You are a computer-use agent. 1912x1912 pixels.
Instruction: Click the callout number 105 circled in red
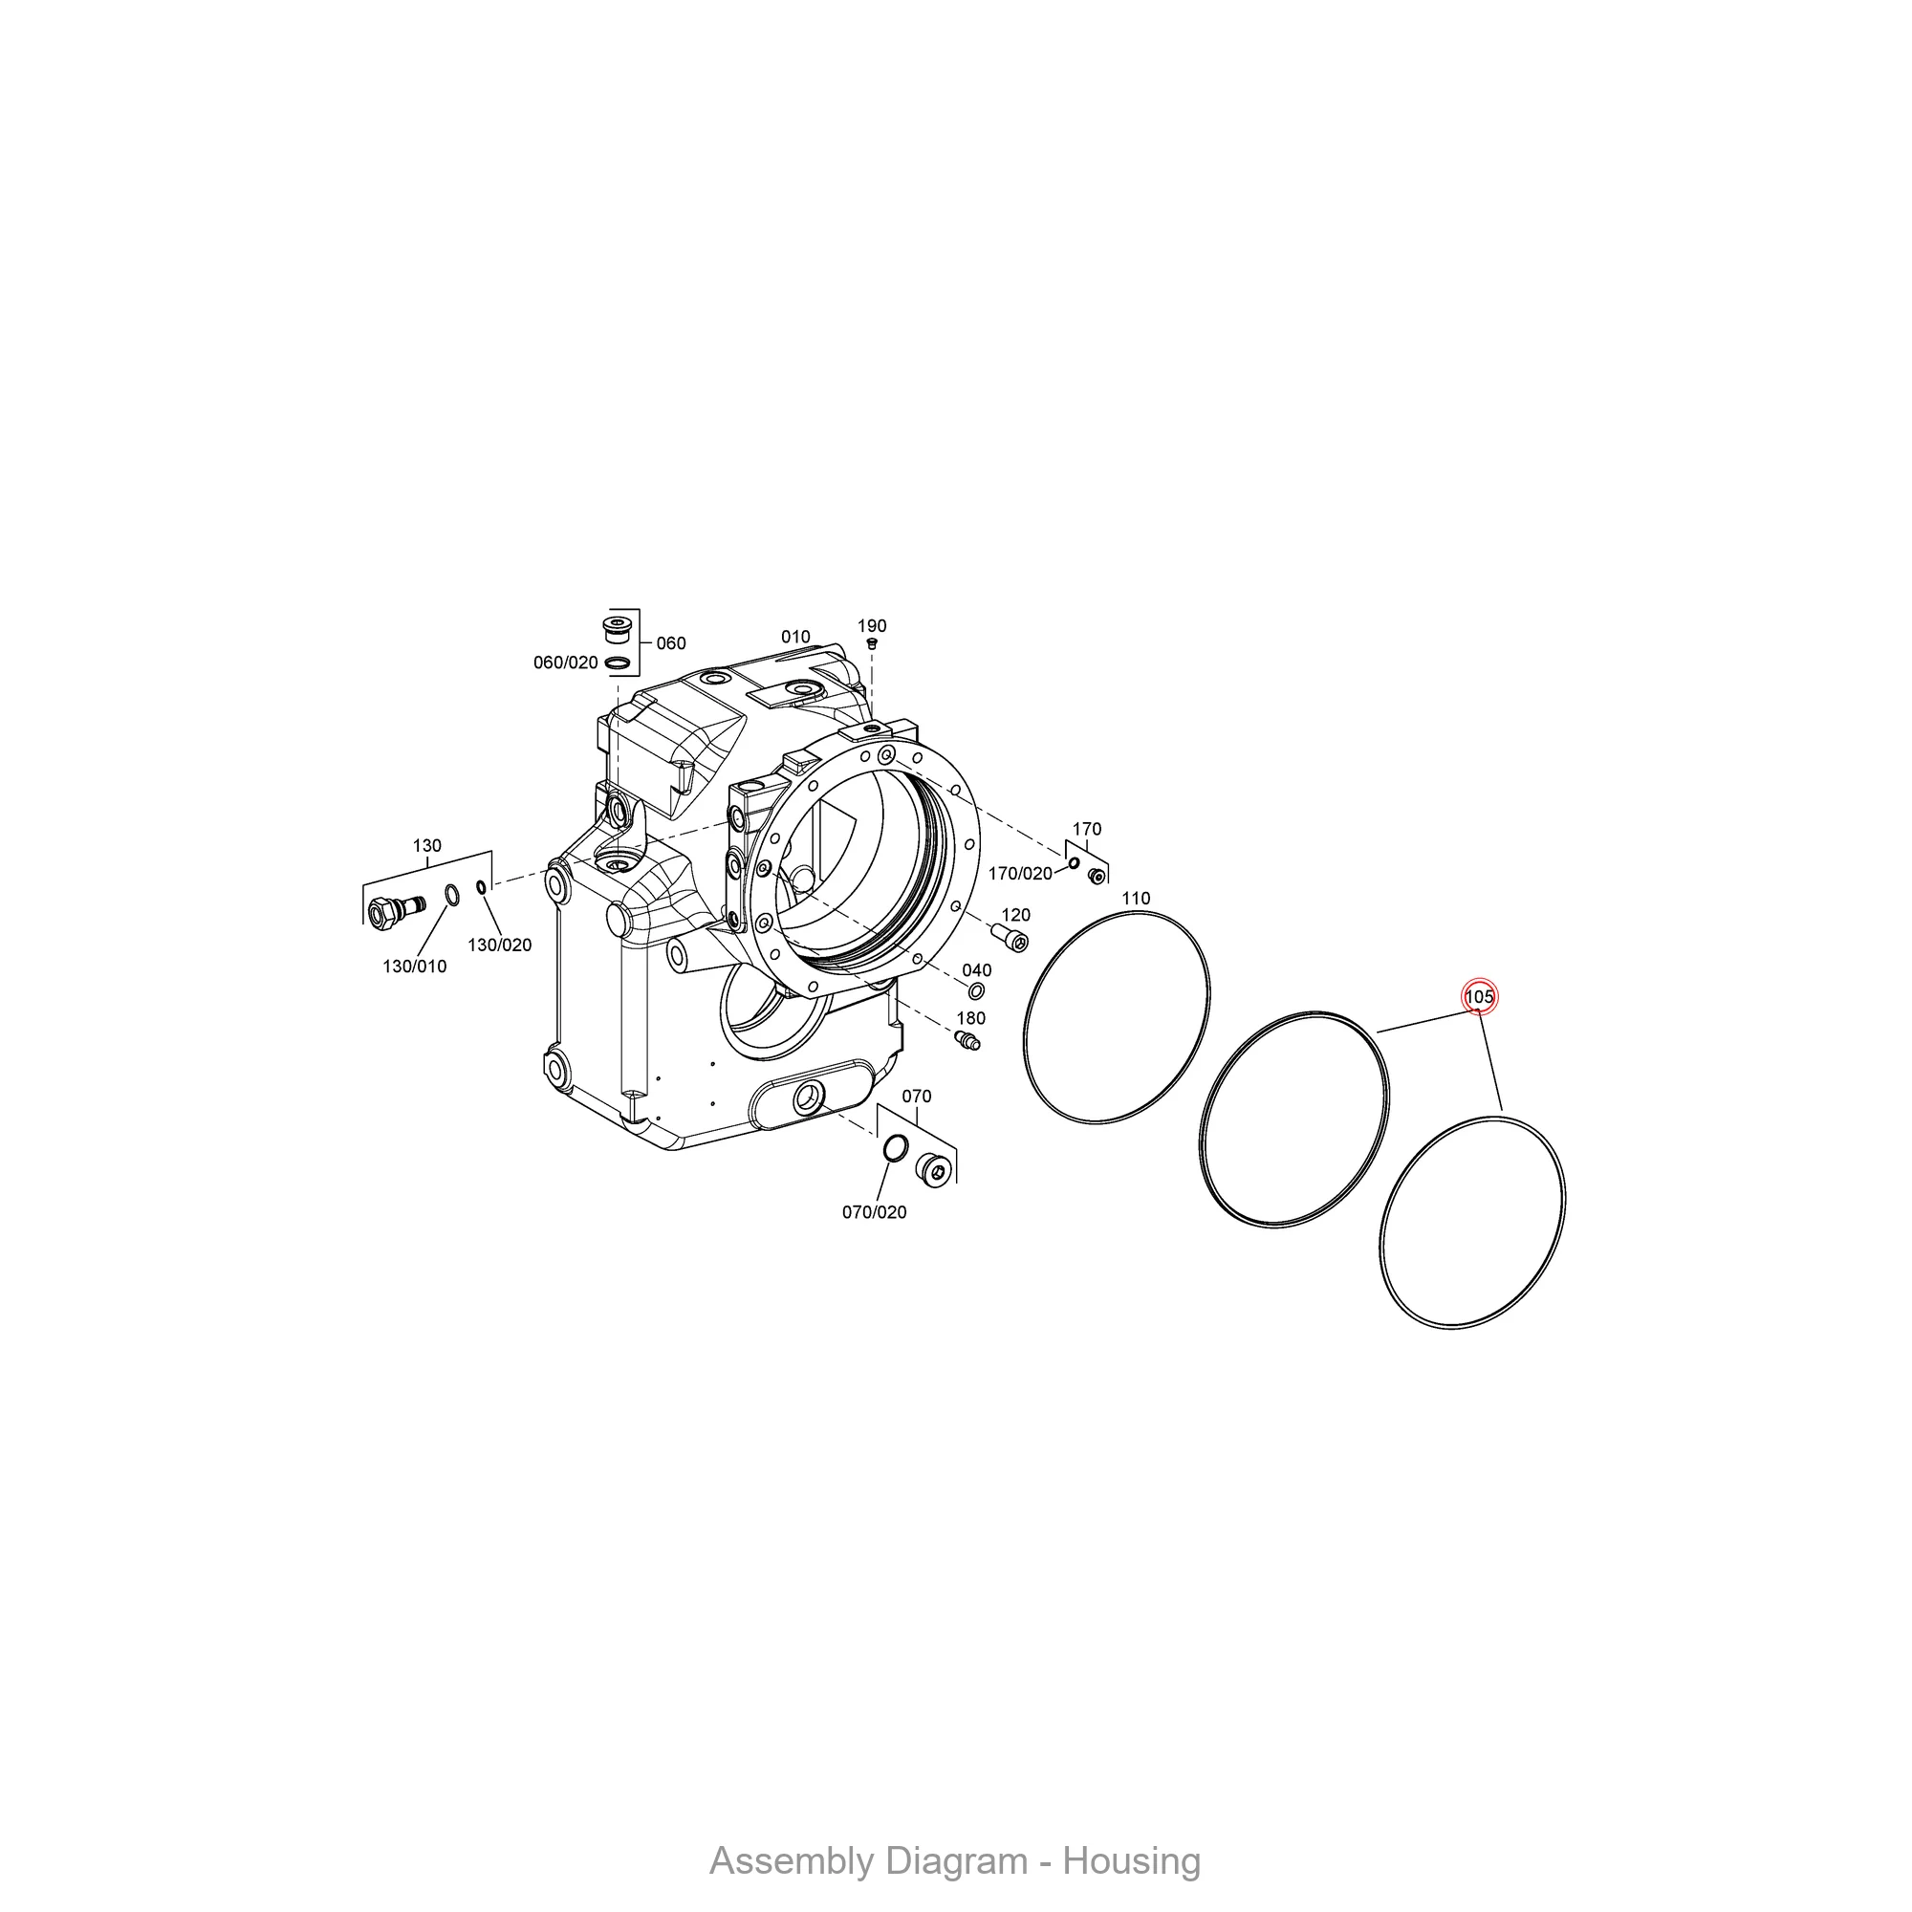coord(1479,996)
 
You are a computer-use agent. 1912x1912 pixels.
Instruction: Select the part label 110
coord(1135,899)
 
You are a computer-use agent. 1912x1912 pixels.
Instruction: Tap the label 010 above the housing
coord(795,638)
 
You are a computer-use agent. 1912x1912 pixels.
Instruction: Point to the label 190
coord(872,626)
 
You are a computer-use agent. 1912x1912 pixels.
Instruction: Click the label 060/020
coord(566,663)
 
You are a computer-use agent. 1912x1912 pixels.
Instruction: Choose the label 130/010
coord(415,967)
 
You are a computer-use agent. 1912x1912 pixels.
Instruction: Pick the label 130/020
coord(500,945)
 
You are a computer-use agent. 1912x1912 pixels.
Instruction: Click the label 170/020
coord(1020,874)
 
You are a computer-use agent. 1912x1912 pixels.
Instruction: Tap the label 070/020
coord(874,1212)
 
